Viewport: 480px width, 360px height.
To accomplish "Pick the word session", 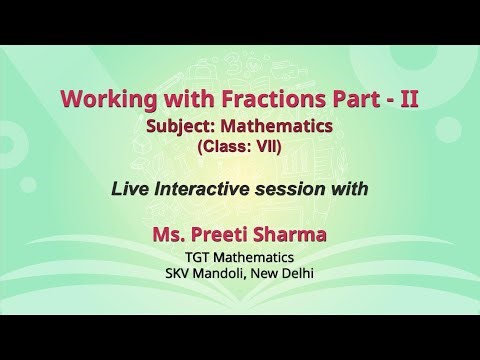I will click(304, 187).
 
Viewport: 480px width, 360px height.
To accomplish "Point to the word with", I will click(355, 187).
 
